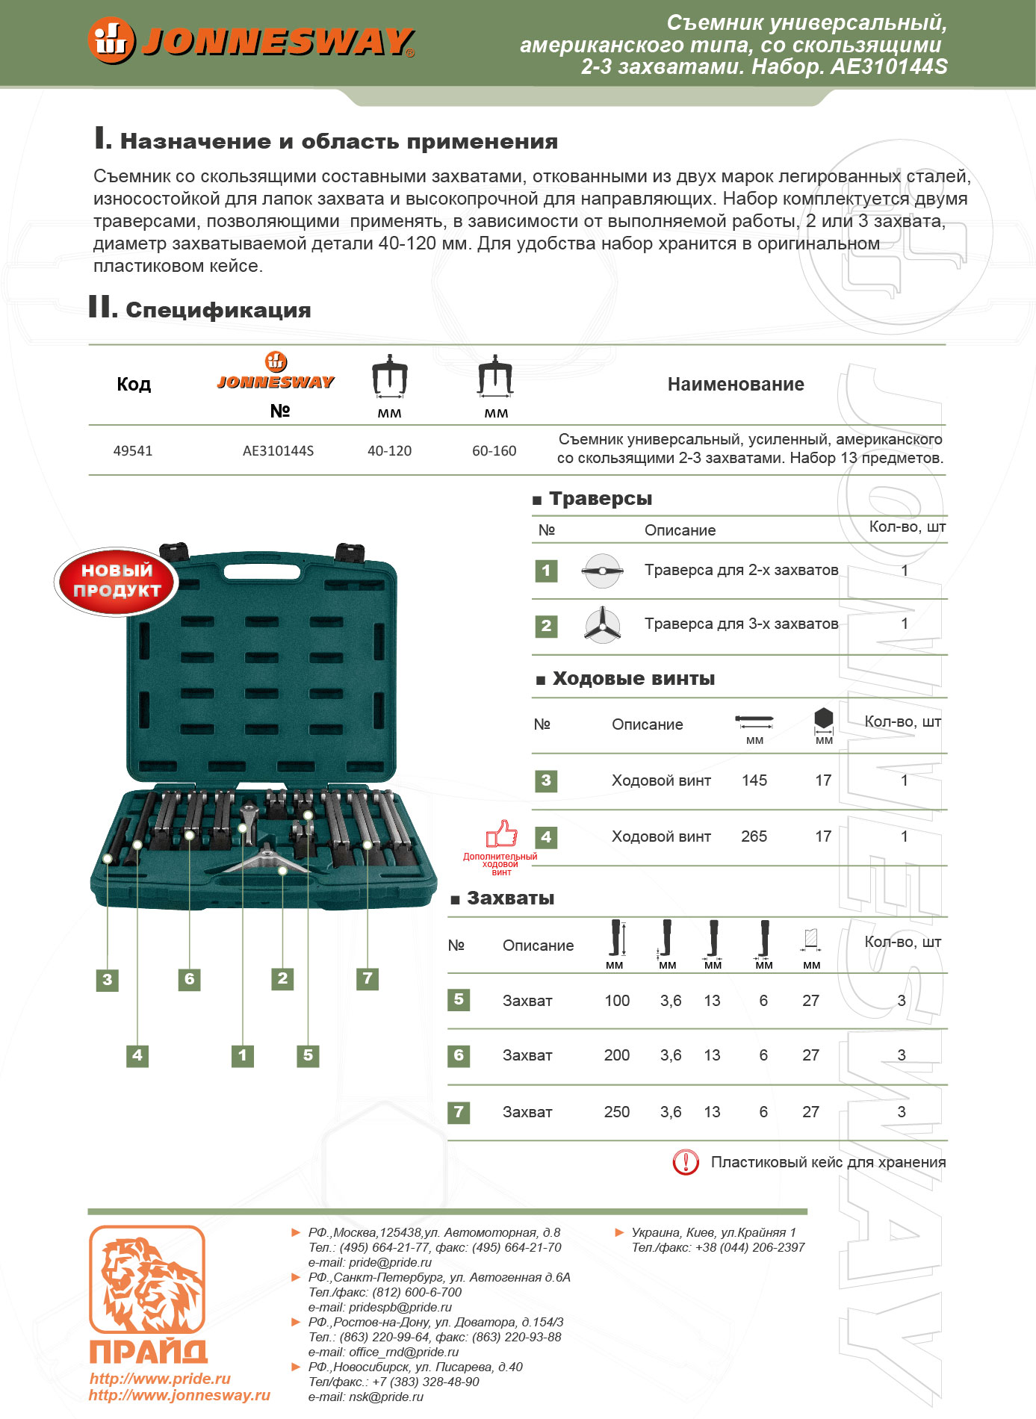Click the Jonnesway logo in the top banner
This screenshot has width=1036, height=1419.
[x=251, y=40]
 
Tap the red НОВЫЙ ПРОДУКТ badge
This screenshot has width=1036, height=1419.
[x=117, y=581]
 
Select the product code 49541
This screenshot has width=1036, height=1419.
[x=133, y=451]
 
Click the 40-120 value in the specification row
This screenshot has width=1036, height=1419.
[x=389, y=451]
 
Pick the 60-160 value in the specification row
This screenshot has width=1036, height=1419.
[x=494, y=451]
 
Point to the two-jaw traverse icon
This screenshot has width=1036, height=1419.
[x=602, y=571]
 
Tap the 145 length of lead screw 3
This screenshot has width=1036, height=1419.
[x=754, y=780]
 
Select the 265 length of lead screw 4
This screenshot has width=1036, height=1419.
[x=754, y=836]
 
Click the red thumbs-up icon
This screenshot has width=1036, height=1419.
[x=502, y=833]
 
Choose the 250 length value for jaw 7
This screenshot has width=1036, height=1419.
[x=617, y=1112]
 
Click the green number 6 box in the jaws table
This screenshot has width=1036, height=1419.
[x=459, y=1055]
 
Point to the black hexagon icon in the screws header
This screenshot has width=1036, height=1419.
[x=823, y=718]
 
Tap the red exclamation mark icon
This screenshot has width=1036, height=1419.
[x=686, y=1162]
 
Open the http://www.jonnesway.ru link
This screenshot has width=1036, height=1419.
[x=179, y=1395]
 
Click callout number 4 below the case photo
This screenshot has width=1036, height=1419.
[x=137, y=1055]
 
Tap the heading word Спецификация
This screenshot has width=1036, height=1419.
[x=218, y=310]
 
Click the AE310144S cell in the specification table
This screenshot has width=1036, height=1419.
[x=278, y=451]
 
